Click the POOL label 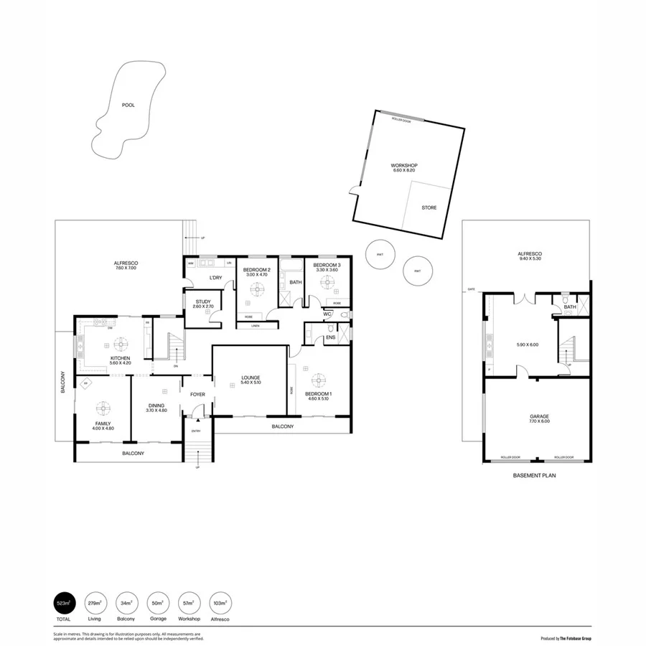click(128, 105)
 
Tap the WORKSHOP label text click(405, 165)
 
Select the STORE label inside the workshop click(429, 207)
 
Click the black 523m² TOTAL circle click(64, 603)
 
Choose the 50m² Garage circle click(157, 603)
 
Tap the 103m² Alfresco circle click(220, 603)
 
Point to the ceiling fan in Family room click(103, 408)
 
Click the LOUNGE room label click(251, 378)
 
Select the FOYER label click(197, 394)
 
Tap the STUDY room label click(202, 302)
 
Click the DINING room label click(156, 406)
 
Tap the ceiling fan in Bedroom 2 click(256, 290)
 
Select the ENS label click(330, 337)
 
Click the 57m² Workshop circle click(188, 603)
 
